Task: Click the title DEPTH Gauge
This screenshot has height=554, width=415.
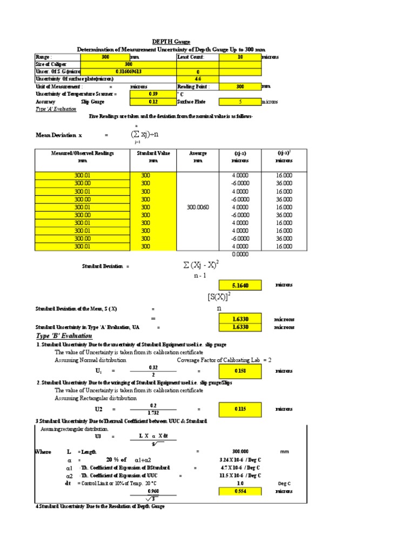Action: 171,42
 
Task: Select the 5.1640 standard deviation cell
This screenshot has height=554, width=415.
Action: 240,285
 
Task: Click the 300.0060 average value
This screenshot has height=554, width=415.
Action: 197,207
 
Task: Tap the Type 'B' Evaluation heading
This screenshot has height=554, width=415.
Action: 64,336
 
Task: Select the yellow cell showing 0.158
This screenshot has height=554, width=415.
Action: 240,371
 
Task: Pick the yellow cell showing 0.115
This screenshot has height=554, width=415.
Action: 240,409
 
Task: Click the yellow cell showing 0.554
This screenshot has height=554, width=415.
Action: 240,491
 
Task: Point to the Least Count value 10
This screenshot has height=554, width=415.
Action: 240,56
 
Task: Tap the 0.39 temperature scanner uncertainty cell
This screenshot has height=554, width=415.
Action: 152,94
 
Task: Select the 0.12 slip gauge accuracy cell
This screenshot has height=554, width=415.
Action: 152,101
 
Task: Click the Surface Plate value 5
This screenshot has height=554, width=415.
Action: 240,101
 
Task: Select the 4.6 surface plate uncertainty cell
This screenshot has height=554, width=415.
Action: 197,79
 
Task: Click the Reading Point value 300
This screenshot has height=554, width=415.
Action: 240,87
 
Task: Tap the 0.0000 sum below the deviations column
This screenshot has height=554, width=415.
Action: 240,254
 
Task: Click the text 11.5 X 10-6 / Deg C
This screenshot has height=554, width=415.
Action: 240,476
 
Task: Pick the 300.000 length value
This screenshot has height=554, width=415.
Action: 240,451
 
